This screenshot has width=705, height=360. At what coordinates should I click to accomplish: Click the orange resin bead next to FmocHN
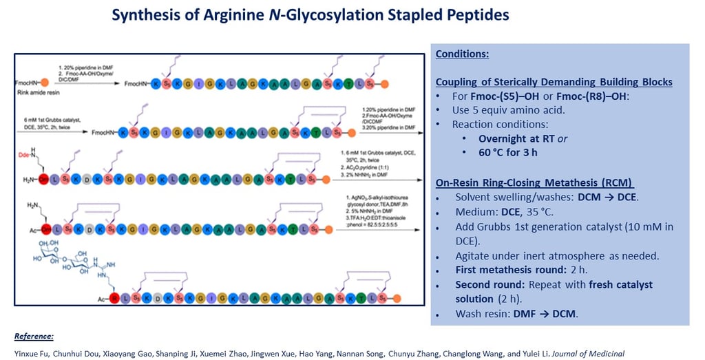[x=45, y=83]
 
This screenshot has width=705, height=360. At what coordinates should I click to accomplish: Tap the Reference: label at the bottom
[x=34, y=337]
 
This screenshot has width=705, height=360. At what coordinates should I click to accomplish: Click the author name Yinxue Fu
[x=32, y=353]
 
